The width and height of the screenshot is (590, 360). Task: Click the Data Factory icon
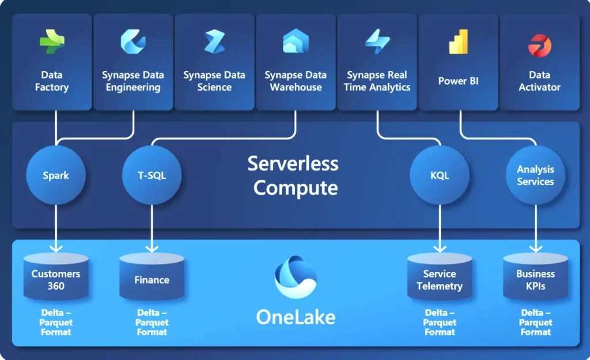(x=52, y=41)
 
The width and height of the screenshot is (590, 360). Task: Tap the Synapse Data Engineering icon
(x=133, y=41)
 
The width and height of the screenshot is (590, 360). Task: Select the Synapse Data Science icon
(x=214, y=41)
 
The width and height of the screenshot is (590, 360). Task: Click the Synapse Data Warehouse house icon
(x=296, y=41)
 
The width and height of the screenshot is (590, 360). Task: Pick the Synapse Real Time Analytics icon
(x=377, y=41)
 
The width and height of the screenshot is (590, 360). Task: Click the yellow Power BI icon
(x=459, y=41)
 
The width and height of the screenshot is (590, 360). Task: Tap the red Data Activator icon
(x=540, y=44)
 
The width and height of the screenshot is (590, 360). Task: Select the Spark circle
(x=56, y=175)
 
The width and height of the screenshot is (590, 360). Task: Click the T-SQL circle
(x=152, y=175)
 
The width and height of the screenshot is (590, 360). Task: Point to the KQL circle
(x=440, y=175)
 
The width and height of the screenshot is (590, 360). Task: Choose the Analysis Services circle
(x=535, y=175)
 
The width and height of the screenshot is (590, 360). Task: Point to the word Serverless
(x=293, y=164)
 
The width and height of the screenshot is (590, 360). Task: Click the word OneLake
(x=296, y=317)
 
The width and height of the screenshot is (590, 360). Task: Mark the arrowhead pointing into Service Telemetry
(x=440, y=248)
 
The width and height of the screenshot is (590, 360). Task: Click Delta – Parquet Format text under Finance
(x=152, y=322)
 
